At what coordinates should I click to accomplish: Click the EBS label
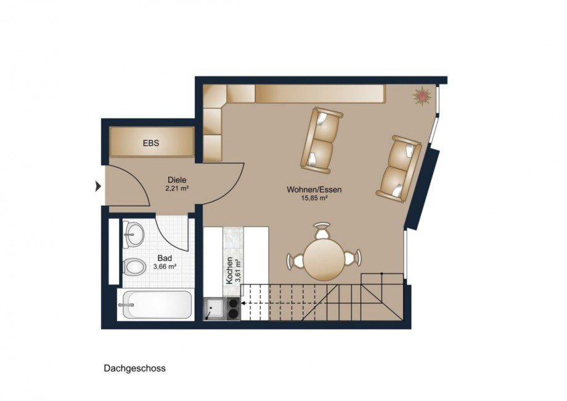151,143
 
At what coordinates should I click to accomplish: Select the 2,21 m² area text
177,188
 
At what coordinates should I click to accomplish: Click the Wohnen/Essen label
314,190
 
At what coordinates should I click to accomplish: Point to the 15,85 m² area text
314,198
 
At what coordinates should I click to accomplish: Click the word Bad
164,258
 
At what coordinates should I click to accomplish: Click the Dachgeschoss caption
134,368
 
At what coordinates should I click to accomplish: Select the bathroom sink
133,233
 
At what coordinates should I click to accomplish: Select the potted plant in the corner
422,95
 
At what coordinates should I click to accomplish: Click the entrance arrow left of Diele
98,185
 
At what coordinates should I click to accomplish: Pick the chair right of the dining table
353,258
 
